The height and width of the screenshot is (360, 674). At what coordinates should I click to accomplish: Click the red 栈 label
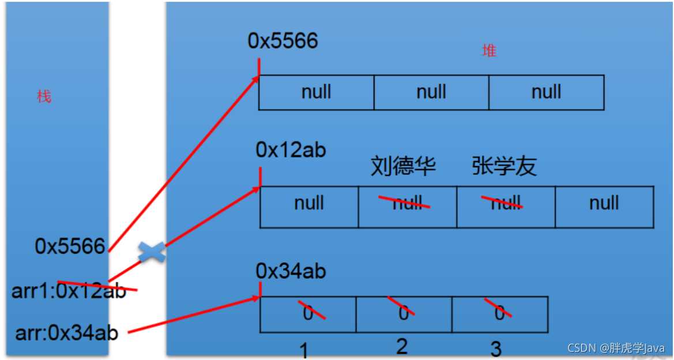coord(44,96)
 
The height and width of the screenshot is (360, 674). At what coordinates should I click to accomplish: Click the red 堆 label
coord(489,51)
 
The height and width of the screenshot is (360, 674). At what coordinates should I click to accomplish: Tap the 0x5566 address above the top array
coord(283,41)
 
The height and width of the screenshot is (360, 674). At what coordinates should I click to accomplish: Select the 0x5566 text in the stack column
coord(70,246)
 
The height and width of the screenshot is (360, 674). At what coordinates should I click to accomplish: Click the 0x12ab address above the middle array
coord(291,150)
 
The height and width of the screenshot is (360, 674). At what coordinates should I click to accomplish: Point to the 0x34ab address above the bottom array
coord(291,271)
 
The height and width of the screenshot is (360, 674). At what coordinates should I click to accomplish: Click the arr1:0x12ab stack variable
coord(69,291)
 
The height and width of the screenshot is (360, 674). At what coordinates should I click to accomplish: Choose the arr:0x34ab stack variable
coord(67,332)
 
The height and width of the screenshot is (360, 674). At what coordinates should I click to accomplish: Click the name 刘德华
coord(403,166)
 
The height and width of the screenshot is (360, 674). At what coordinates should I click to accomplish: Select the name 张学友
coord(504,166)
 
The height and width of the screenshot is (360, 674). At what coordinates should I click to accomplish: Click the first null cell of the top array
coord(316,92)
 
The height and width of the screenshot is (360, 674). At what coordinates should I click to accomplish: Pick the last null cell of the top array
coord(546,92)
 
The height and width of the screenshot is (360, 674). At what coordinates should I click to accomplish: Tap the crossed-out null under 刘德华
coord(407,203)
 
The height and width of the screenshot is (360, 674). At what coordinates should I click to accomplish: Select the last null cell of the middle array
coord(604,203)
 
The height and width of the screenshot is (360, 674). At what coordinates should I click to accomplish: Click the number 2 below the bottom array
coord(402,346)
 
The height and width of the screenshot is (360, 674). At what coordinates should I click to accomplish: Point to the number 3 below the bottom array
coord(496,348)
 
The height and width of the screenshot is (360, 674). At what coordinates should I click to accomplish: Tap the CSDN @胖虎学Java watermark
coord(616,348)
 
